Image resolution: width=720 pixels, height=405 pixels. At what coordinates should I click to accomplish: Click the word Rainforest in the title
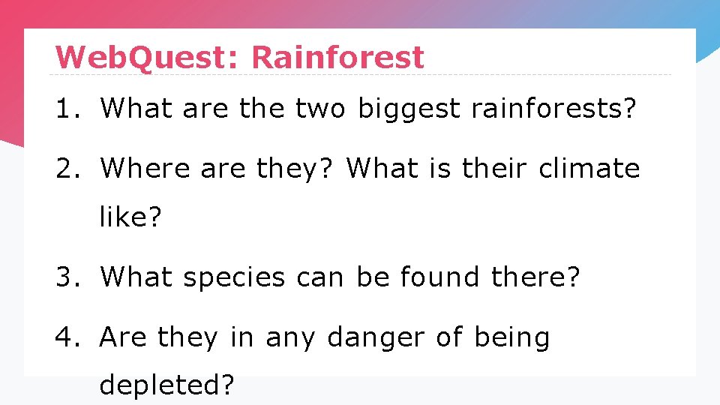pyautogui.click(x=337, y=57)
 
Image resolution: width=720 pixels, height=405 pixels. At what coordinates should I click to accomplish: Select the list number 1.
pyautogui.click(x=65, y=109)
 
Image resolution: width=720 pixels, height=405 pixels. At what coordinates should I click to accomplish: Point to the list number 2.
pyautogui.click(x=65, y=169)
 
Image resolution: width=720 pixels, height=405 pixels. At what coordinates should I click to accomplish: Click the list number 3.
pyautogui.click(x=65, y=277)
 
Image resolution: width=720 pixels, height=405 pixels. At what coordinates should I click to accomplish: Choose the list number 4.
pyautogui.click(x=65, y=337)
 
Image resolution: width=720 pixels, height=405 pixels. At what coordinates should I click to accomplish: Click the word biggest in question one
pyautogui.click(x=408, y=109)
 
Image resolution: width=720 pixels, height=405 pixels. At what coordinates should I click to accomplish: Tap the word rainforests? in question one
pyautogui.click(x=553, y=109)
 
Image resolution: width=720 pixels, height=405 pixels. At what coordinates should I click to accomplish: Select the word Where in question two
pyautogui.click(x=145, y=169)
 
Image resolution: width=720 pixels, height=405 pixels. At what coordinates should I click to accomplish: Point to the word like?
pyautogui.click(x=130, y=217)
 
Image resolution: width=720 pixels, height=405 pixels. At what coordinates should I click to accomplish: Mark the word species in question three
pyautogui.click(x=234, y=277)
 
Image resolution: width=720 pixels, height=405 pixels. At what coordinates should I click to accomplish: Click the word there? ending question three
pyautogui.click(x=535, y=277)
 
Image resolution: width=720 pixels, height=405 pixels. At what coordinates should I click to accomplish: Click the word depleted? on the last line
pyautogui.click(x=167, y=385)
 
